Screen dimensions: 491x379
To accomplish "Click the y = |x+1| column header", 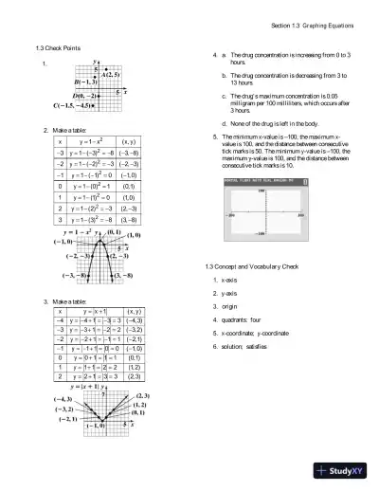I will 98,310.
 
